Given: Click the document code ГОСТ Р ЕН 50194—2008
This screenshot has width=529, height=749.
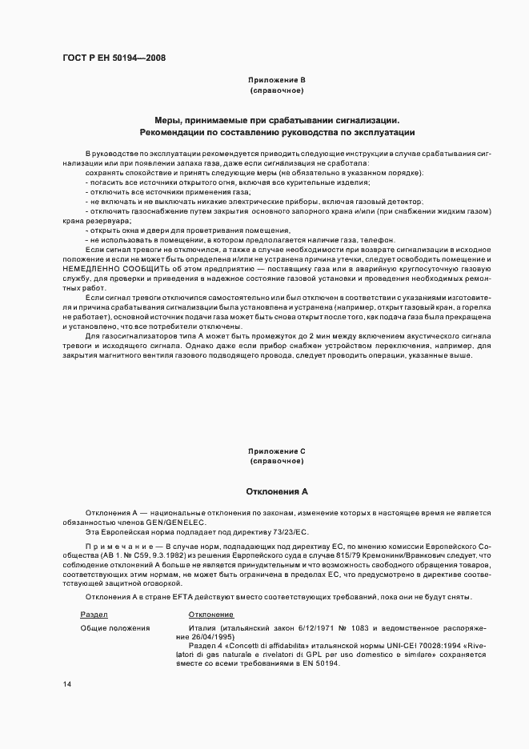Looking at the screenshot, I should coord(114,58).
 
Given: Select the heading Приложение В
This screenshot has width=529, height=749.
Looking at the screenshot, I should coord(277,80).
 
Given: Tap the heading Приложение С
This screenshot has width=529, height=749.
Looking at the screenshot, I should coord(277,451).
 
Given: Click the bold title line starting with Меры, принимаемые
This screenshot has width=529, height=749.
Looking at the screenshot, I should coord(277,119).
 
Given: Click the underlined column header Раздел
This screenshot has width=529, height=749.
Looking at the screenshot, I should coord(94,614).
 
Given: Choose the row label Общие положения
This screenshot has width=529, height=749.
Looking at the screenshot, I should coord(115,628).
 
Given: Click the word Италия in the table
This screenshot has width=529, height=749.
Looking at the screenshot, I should coord(204,628).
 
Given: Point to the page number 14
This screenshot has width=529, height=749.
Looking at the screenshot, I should coord(66,683).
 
